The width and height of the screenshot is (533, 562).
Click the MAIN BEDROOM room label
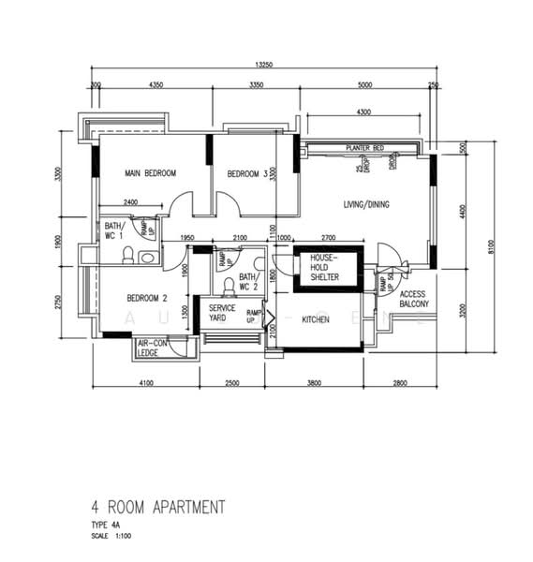[x=151, y=173]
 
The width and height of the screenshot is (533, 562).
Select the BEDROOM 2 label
[x=147, y=298]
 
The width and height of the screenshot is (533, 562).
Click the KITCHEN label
[x=315, y=319]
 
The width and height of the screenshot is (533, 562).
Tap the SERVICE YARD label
[x=222, y=313]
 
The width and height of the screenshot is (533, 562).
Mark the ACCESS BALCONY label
[x=413, y=299]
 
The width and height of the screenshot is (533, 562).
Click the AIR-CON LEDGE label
[x=154, y=348]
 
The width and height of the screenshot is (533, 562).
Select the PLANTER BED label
[x=363, y=149]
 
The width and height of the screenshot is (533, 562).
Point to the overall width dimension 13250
[x=264, y=65]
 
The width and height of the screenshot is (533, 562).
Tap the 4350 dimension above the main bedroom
[x=156, y=86]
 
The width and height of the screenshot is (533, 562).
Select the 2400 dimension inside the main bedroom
[x=130, y=202]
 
